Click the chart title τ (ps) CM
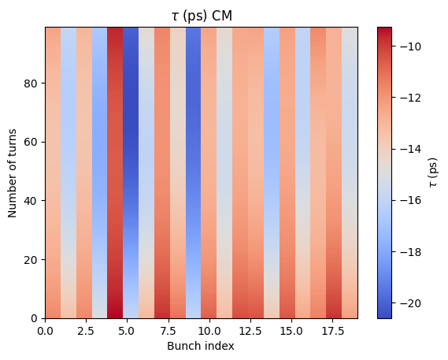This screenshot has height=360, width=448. coord(202,16)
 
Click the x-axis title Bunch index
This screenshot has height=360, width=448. coord(201,346)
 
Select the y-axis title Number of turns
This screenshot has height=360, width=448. coord(12,173)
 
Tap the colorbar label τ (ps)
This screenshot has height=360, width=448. coord(433,173)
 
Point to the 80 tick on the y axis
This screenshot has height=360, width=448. coord(31,84)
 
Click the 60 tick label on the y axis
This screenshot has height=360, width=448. coord(31,142)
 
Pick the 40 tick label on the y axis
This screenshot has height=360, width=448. coord(31,201)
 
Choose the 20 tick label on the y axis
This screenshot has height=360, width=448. coord(31,260)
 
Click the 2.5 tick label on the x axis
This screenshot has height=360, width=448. coord(86,331)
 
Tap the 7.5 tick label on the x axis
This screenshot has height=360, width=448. coord(168,331)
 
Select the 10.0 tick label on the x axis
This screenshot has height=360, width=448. coord(209,331)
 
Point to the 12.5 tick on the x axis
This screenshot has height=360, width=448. coord(250,331)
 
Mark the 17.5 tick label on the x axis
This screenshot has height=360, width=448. coord(332,331)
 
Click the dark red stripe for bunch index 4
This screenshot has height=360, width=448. coord(115,173)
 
